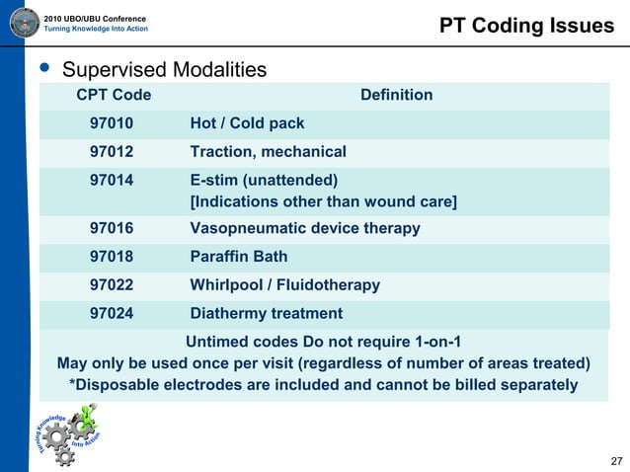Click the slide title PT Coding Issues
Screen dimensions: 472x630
(x=526, y=26)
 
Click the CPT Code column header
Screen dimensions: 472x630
(x=114, y=95)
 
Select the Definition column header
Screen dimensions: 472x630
(x=396, y=95)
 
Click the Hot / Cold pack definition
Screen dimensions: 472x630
(x=247, y=123)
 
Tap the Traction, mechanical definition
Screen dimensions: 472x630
(x=268, y=152)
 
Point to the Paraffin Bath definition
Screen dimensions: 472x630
(x=239, y=257)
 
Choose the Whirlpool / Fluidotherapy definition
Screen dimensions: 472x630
(x=284, y=285)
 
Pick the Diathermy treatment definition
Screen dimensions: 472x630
(x=267, y=314)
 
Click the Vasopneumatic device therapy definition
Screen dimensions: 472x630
(x=304, y=228)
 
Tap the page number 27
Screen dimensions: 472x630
(x=617, y=461)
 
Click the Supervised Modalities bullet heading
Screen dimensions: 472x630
(x=164, y=70)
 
